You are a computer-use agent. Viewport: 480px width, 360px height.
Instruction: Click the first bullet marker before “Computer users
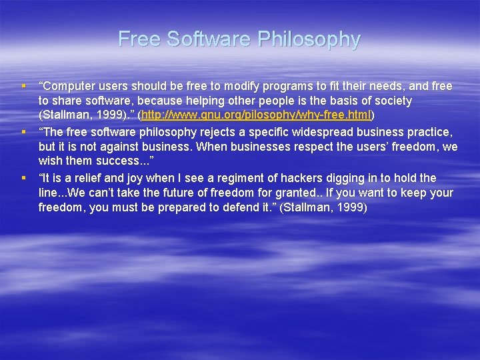click(x=23, y=86)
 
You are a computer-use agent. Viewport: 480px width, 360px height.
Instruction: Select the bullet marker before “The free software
click(x=23, y=131)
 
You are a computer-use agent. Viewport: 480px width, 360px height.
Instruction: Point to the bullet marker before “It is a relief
click(x=23, y=177)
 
